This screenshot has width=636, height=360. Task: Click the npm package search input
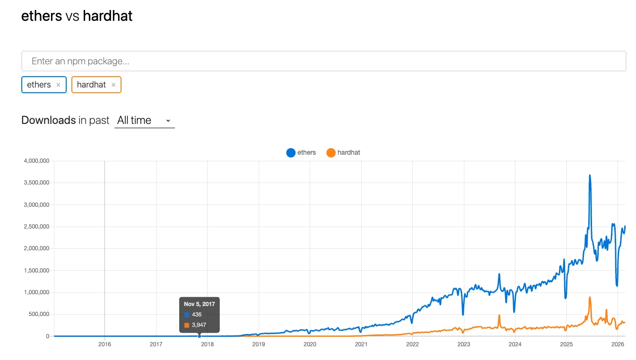(x=323, y=61)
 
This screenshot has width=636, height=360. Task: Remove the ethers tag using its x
(x=58, y=85)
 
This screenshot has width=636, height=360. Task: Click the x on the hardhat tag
(x=113, y=85)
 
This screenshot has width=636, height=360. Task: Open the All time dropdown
(x=144, y=120)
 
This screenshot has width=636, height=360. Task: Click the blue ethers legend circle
(x=291, y=152)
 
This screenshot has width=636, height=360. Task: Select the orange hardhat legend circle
(x=331, y=152)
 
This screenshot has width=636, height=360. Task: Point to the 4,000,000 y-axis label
(x=36, y=161)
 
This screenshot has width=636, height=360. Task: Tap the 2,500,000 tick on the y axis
(x=36, y=227)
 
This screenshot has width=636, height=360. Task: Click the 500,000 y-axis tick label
(x=39, y=314)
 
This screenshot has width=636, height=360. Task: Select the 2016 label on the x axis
(x=105, y=344)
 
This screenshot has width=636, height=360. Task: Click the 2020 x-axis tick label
(x=310, y=344)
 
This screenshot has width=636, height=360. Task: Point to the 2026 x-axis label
(x=617, y=344)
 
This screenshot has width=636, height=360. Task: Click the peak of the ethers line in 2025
(x=590, y=176)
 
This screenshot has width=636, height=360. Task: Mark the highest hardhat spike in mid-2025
(x=590, y=298)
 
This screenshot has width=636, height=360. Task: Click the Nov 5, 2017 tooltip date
(x=199, y=304)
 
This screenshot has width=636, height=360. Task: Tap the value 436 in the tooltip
(x=197, y=315)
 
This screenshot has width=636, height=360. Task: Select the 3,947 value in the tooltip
(x=199, y=325)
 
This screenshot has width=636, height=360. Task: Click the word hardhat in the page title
(x=107, y=16)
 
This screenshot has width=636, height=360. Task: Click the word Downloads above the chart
(x=48, y=120)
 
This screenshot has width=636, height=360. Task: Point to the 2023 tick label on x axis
(x=463, y=344)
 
